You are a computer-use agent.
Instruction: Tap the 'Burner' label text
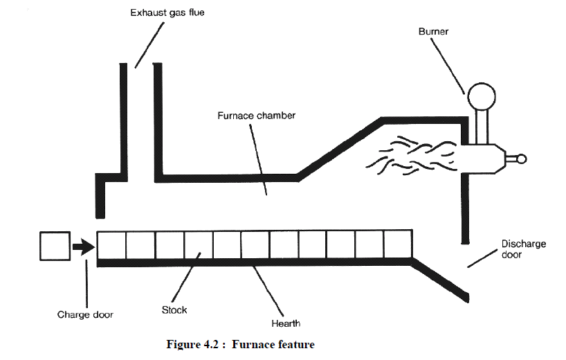point(432,31)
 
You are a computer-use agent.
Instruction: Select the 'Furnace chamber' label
point(257,115)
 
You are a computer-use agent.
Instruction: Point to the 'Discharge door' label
point(524,249)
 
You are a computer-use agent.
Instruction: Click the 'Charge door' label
point(85,314)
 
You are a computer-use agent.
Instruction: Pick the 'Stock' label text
point(174,309)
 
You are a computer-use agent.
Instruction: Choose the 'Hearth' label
point(286,323)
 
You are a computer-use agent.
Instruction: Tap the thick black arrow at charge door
point(84,246)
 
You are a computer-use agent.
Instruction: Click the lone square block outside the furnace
point(54,246)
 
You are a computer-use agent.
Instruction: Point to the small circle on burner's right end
point(521,159)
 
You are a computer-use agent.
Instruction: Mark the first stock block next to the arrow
point(111,245)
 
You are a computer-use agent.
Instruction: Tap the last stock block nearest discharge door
point(397,245)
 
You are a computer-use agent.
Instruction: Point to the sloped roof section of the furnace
point(339,148)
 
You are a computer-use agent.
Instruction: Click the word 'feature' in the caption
point(293,345)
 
